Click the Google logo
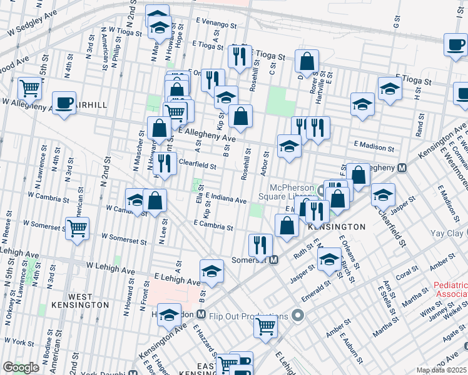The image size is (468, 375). (x=21, y=367)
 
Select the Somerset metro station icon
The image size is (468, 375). (x=273, y=259)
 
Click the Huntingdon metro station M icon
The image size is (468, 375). (x=201, y=314)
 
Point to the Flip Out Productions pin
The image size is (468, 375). (x=298, y=316)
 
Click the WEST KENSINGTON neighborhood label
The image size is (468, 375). (x=88, y=301)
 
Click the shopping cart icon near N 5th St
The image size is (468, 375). (x=29, y=89)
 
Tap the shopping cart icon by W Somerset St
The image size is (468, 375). (x=77, y=228)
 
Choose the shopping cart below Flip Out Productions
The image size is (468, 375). (x=266, y=326)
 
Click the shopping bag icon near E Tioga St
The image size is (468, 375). (x=307, y=61)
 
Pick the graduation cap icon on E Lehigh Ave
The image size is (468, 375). (x=211, y=271)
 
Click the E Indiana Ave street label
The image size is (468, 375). (x=225, y=199)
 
